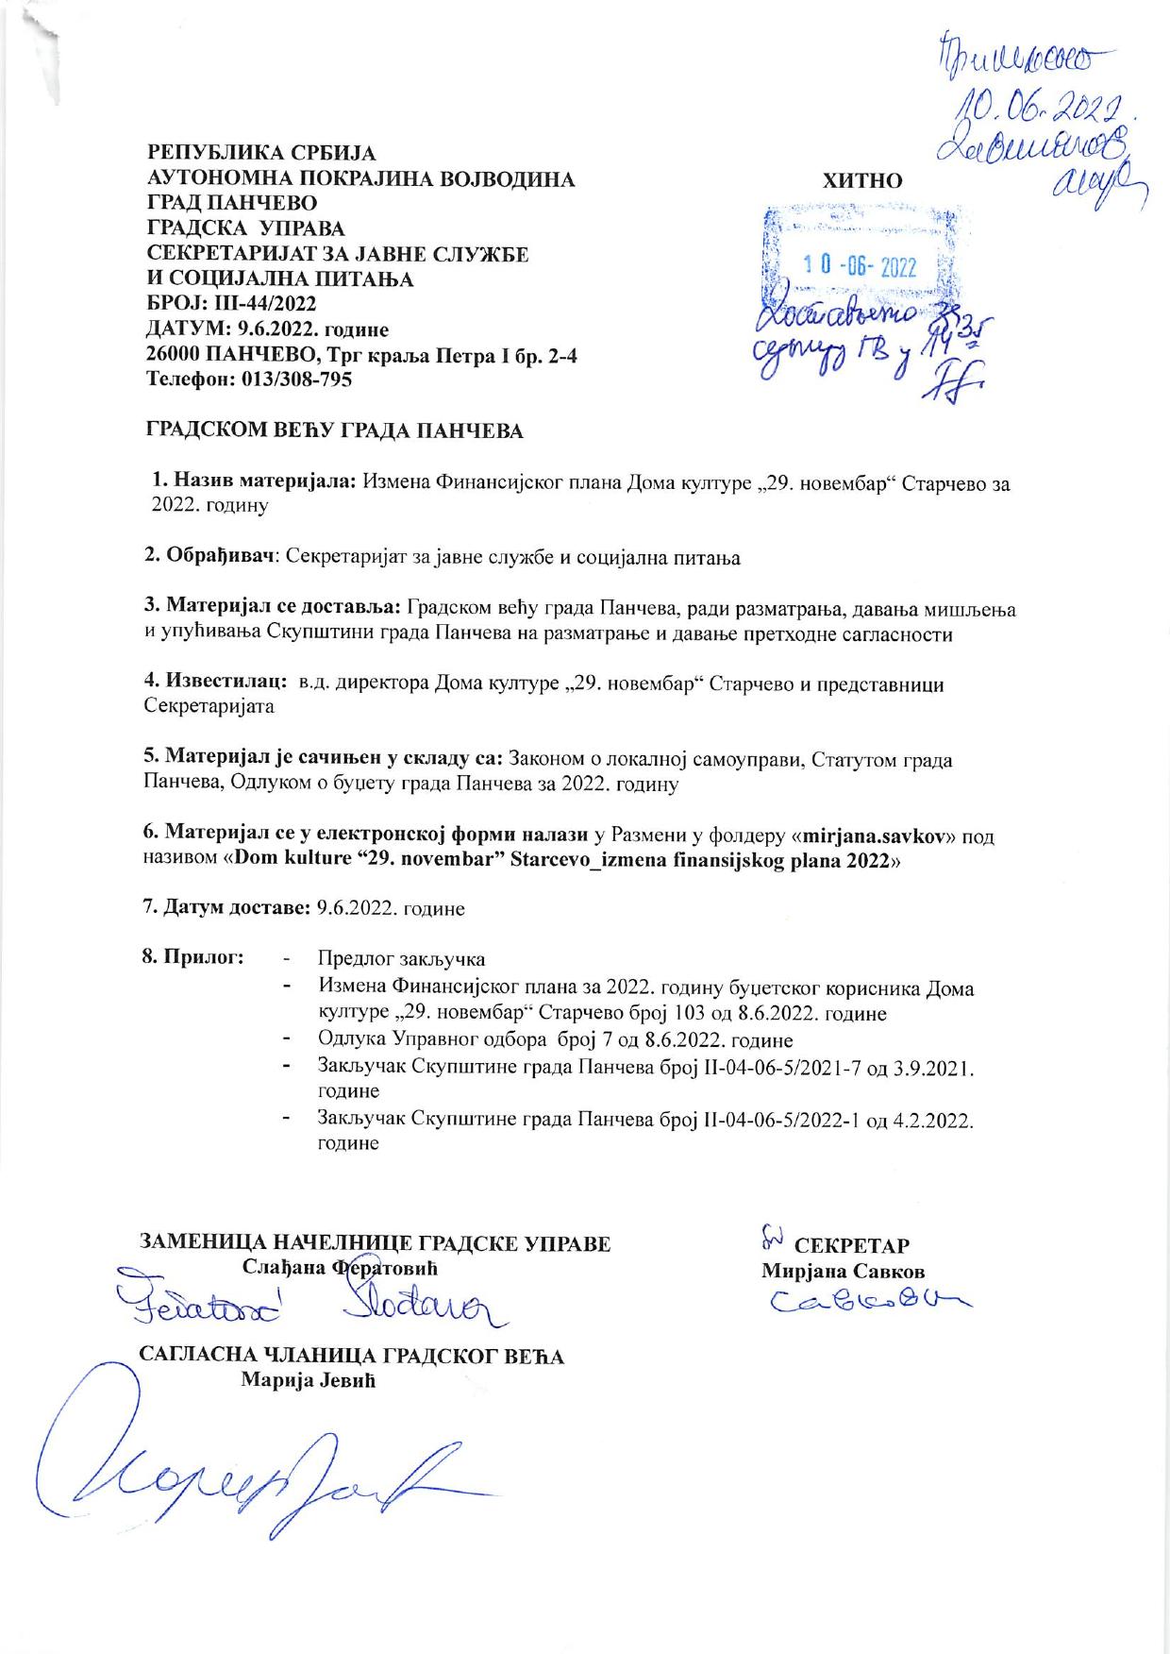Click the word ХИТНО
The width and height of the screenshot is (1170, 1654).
[x=862, y=181]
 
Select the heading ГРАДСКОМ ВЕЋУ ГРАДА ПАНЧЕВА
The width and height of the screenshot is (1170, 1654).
[x=333, y=431]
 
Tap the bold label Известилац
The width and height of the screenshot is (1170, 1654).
[x=223, y=684]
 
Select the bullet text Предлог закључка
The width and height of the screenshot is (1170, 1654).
[x=402, y=959]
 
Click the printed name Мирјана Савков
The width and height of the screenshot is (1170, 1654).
[x=843, y=1270]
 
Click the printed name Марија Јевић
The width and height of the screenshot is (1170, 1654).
[x=309, y=1380]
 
